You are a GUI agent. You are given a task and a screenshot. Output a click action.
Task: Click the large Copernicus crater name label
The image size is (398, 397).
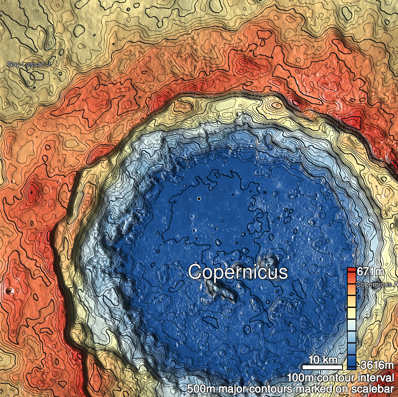pos(238,272)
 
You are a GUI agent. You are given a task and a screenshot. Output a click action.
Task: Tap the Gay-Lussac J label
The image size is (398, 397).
pos(29,64)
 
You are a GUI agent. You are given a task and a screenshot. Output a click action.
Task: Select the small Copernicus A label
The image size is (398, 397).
pos(377,284)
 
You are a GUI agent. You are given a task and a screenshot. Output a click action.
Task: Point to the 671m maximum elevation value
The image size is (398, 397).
pos(370,272)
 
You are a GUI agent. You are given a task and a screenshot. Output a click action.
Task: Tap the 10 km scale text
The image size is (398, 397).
pos(323,360)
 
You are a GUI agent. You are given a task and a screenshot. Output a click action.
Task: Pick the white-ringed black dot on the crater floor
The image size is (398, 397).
pos(199,198)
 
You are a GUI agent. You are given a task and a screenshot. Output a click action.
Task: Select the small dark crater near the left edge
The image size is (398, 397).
pos(10,291)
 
